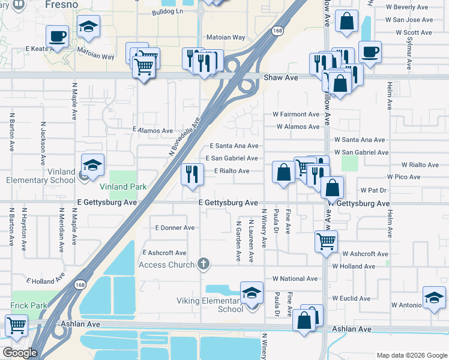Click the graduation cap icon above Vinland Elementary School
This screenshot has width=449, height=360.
click(93, 165)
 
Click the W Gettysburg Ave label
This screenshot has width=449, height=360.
click(358, 203)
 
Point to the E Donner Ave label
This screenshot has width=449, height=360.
click(174, 228)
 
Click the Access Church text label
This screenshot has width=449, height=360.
click(166, 265)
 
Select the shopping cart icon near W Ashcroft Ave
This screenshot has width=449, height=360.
click(326, 241)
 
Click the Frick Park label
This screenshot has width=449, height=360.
click(28, 305)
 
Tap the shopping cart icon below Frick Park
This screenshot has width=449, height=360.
click(16, 326)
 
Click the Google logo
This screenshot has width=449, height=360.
click(19, 353)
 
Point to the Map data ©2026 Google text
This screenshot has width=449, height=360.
click(411, 355)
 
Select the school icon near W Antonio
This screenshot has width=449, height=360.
click(434, 297)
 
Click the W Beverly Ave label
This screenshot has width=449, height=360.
click(408, 7)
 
